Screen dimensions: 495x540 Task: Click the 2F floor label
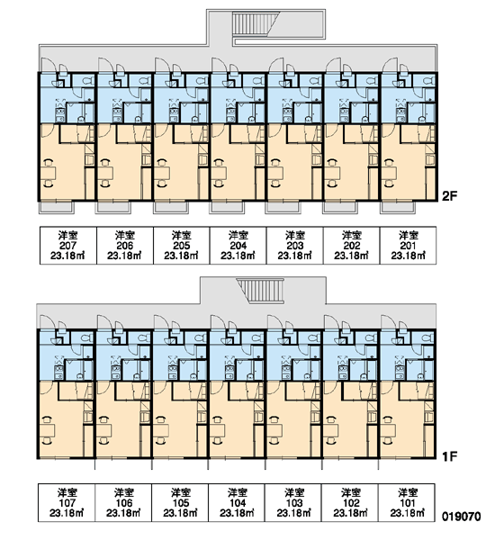(449, 196)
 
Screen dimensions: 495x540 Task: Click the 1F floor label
(449, 456)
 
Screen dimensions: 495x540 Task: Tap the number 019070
(461, 517)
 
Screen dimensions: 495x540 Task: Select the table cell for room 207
(68, 245)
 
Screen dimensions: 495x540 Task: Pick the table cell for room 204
(238, 245)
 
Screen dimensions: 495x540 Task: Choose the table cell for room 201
(409, 245)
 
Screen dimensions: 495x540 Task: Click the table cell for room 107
(67, 502)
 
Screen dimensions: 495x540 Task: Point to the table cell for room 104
(237, 502)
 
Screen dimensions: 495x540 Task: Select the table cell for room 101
(407, 502)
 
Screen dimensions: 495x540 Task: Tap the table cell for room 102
(350, 502)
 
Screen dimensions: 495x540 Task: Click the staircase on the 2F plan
(255, 23)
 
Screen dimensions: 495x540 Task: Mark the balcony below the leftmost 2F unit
(57, 208)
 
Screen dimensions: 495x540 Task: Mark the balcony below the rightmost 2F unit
(398, 208)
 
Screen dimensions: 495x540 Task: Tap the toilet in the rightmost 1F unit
(427, 338)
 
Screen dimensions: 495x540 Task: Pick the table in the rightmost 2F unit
(389, 173)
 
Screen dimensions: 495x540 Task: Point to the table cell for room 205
(182, 245)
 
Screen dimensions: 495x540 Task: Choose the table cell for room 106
(123, 502)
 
